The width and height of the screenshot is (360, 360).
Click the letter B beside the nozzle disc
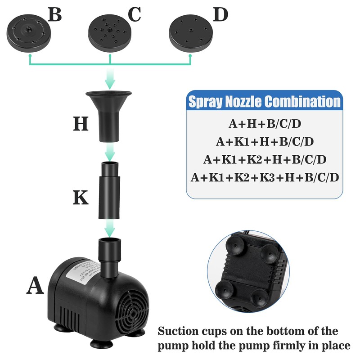coord(54,15)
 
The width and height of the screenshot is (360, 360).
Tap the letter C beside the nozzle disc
coord(135,15)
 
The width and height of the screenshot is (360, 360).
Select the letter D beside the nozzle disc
coord(220,15)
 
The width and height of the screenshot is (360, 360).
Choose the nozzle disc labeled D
coord(191,34)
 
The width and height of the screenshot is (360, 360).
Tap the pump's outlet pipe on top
coord(110,256)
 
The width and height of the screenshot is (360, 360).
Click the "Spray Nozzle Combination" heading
coord(264,102)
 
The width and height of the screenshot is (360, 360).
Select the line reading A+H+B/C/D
coord(264,124)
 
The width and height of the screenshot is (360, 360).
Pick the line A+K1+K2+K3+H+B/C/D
coord(264,177)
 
